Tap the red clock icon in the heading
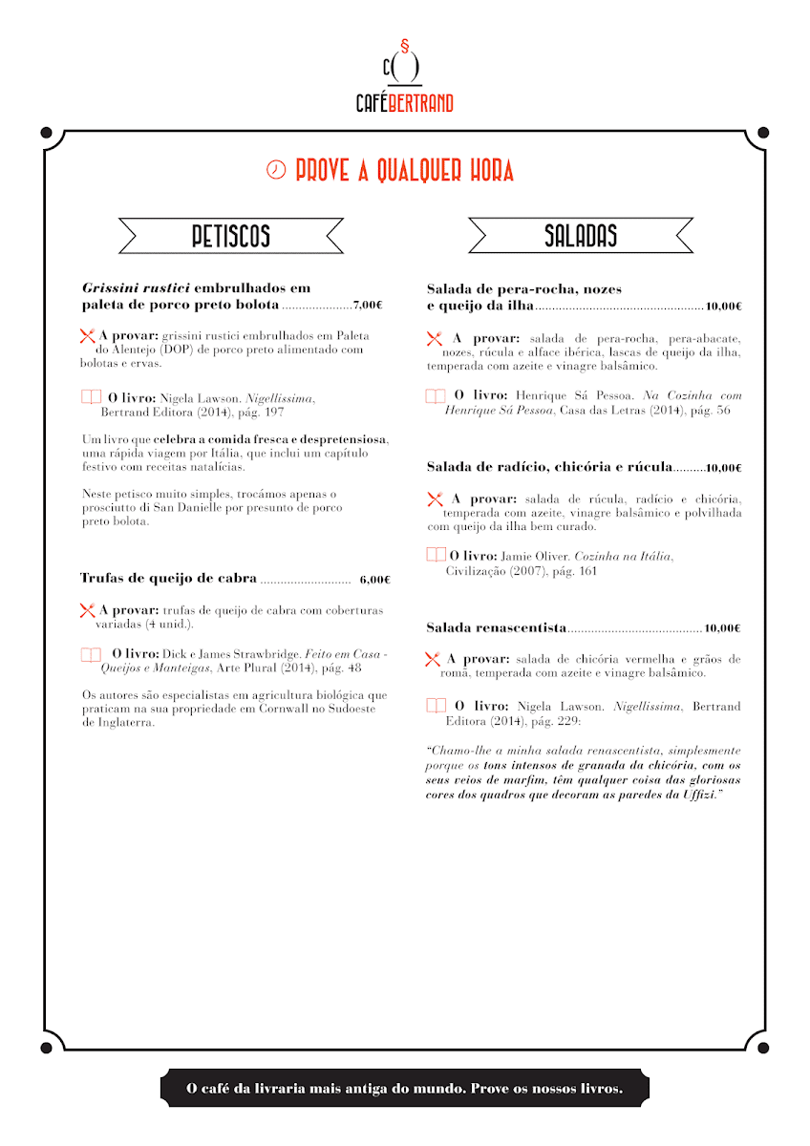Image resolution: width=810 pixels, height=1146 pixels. tap(275, 170)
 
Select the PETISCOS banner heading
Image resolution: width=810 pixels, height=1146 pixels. tap(230, 236)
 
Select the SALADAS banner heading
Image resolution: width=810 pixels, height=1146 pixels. tap(581, 236)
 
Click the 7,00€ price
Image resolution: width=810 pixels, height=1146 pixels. tap(368, 306)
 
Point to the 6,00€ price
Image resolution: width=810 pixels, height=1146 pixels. tap(375, 580)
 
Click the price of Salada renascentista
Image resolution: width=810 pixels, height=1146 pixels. tap(723, 628)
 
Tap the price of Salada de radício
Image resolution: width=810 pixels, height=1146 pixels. tap(723, 468)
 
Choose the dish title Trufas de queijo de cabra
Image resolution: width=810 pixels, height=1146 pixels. tap(168, 578)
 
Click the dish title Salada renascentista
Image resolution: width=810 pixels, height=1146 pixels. tap(496, 627)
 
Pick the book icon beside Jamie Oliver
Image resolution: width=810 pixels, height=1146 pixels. tap(436, 555)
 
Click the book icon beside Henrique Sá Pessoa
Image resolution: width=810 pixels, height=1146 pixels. tap(436, 395)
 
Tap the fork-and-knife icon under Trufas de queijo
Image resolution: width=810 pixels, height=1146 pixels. tap(87, 609)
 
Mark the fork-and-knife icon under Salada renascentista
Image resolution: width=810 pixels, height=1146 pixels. tap(433, 659)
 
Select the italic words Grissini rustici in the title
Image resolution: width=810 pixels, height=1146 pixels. tap(136, 287)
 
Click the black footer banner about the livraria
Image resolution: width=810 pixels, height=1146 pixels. tap(404, 1088)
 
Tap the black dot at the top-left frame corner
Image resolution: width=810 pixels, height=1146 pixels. tap(46, 132)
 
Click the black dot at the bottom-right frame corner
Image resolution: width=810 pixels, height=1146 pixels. tap(762, 1048)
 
